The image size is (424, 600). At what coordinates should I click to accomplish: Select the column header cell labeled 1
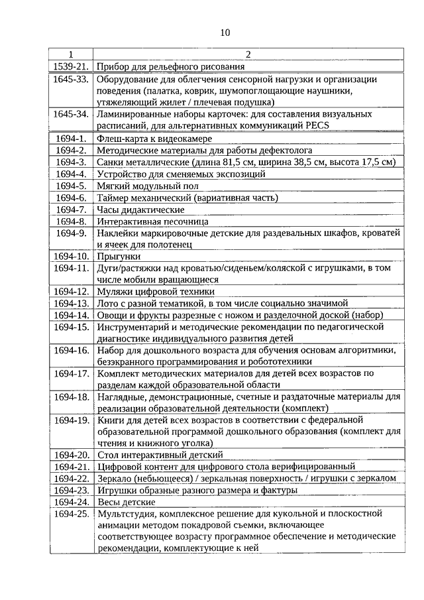click(x=71, y=55)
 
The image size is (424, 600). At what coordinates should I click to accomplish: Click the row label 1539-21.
click(x=71, y=66)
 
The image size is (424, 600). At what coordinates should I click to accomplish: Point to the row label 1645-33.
click(x=71, y=79)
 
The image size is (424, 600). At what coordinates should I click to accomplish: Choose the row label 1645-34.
click(x=71, y=114)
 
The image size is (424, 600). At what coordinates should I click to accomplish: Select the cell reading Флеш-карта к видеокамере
click(x=154, y=139)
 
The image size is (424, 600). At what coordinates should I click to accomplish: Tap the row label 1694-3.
click(x=71, y=162)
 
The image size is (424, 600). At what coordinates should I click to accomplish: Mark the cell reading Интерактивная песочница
click(x=152, y=221)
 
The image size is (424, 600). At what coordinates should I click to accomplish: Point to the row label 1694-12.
click(x=71, y=291)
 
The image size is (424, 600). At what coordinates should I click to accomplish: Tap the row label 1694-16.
click(x=71, y=350)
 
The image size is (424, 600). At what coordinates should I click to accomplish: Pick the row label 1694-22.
click(x=71, y=479)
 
